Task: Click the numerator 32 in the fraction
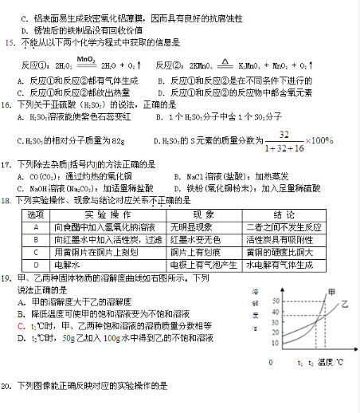tap(284, 135)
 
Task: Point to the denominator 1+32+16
tap(280, 148)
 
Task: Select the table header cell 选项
tap(36, 215)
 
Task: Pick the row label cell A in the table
tap(36, 227)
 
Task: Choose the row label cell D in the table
tap(36, 264)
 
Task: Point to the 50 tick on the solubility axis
tap(276, 301)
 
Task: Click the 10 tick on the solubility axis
tap(276, 343)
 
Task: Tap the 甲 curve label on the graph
tap(331, 292)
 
